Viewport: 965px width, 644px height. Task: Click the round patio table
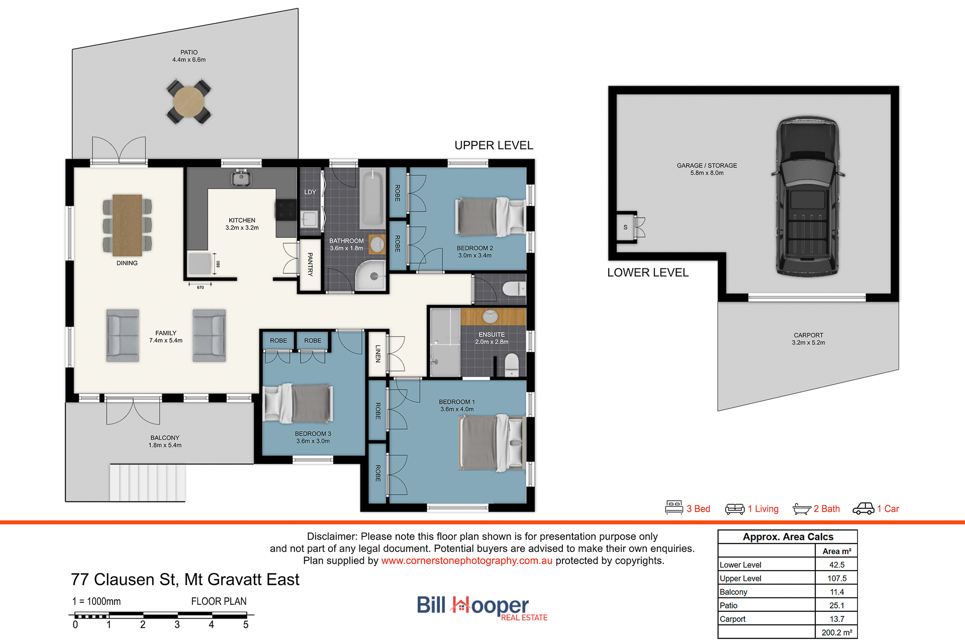[x=188, y=102]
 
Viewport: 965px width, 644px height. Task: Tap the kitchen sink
[x=241, y=178]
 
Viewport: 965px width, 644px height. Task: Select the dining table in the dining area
[x=127, y=225]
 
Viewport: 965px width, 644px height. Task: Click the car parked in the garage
[x=808, y=197]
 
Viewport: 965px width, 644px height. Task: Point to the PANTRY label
[x=310, y=264]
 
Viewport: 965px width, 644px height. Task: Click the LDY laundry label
[x=310, y=192]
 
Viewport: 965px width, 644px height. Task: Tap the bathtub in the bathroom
[x=372, y=199]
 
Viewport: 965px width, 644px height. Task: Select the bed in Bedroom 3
[x=298, y=403]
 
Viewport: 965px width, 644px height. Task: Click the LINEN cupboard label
[x=378, y=353]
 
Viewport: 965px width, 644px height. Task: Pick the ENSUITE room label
[x=492, y=334]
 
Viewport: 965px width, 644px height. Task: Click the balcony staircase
[x=148, y=483]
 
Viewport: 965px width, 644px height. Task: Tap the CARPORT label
[x=808, y=335]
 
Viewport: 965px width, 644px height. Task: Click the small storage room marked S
[x=625, y=227]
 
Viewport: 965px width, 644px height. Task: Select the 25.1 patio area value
[x=837, y=605]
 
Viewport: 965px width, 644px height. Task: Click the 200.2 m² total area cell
[x=837, y=632]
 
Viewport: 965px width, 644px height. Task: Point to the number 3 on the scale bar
[x=177, y=625]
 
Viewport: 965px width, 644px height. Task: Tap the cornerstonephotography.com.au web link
[x=466, y=561]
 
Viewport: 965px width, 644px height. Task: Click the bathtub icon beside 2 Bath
[x=802, y=509]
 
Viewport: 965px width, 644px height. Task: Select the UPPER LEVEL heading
[x=494, y=145]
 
